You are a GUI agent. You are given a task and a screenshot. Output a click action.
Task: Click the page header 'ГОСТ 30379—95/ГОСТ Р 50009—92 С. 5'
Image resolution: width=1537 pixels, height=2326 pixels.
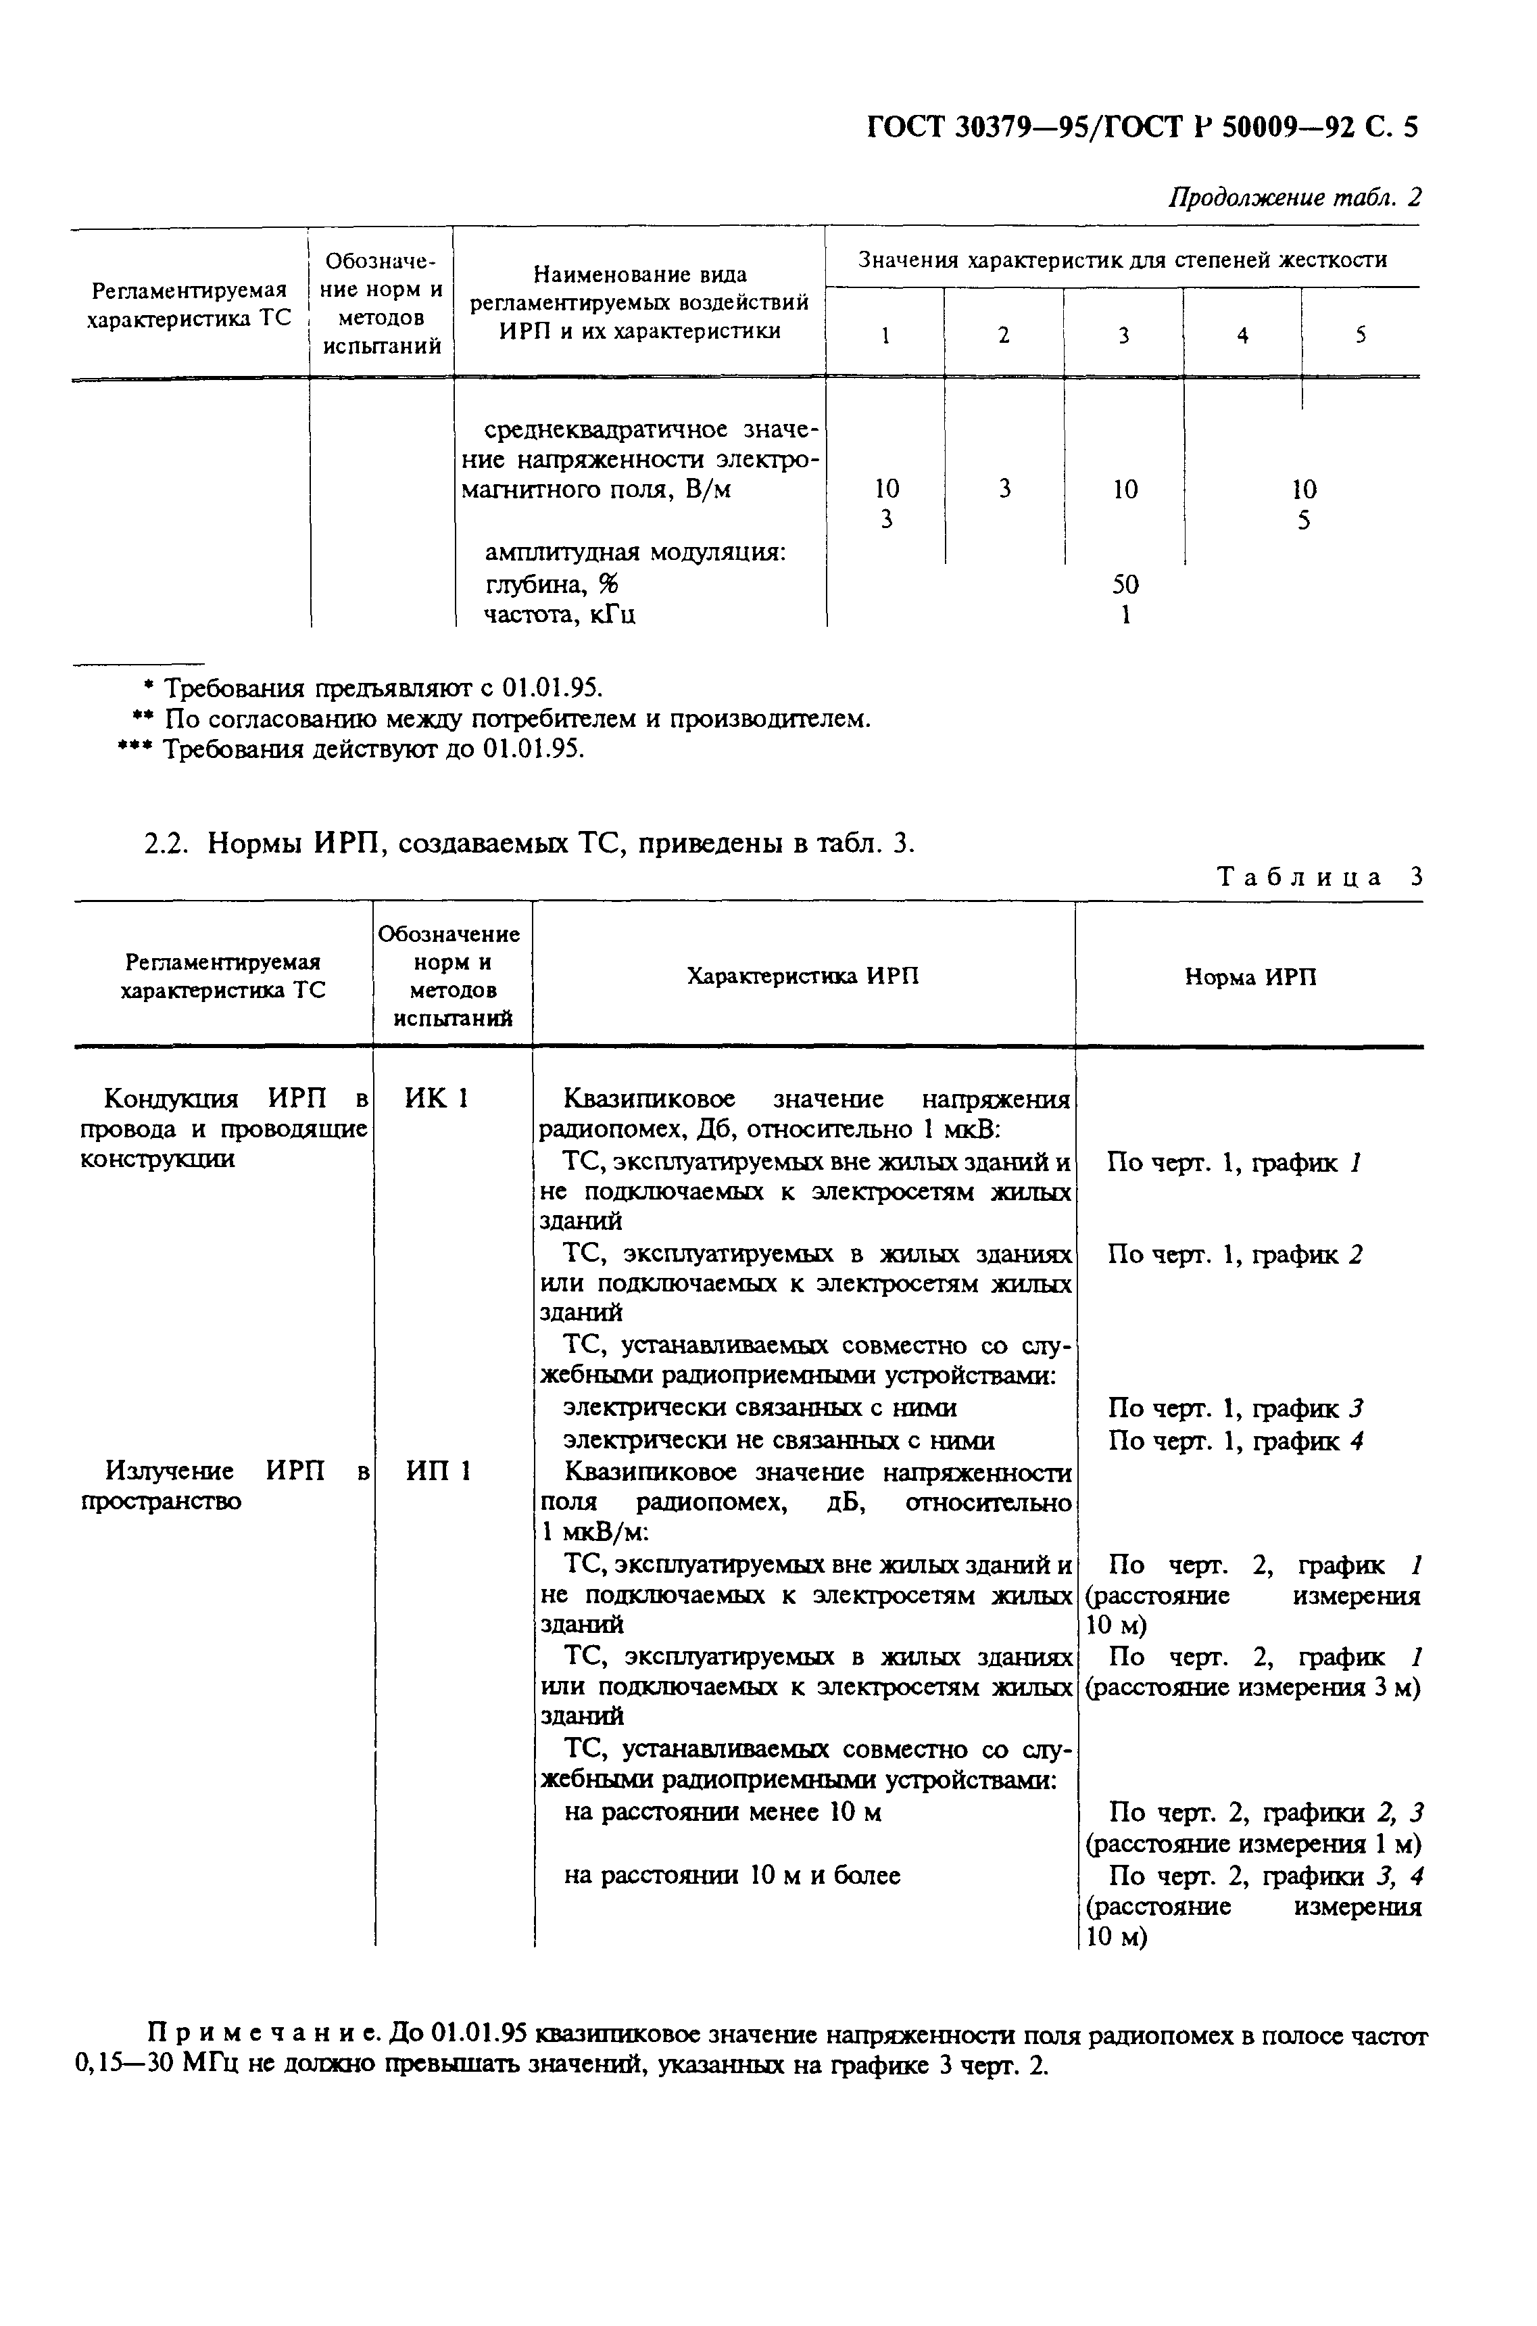(1142, 128)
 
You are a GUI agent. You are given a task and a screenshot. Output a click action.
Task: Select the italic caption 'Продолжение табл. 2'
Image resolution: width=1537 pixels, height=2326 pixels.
(1294, 197)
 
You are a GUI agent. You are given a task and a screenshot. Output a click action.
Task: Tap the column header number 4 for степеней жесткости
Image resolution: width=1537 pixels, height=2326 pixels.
(1242, 335)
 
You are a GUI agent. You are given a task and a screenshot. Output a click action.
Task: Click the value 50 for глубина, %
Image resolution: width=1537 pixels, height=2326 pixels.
(1125, 584)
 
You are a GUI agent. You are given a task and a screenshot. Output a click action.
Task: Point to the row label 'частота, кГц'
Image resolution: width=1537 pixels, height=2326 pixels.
(560, 615)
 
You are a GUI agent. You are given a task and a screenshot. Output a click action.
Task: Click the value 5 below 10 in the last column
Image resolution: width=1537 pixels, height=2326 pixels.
(1302, 521)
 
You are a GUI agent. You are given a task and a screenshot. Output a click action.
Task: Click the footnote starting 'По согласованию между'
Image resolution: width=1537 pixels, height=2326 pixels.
(500, 719)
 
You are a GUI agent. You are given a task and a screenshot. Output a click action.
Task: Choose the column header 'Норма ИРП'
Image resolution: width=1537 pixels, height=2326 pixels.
(1250, 976)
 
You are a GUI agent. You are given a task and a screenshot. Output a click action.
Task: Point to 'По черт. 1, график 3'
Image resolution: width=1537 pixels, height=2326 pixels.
(1235, 1408)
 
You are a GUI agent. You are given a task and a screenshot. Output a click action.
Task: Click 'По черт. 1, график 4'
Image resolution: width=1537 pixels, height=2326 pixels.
(1235, 1440)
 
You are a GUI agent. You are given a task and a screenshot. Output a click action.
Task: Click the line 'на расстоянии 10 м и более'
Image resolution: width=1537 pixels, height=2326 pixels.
(731, 1876)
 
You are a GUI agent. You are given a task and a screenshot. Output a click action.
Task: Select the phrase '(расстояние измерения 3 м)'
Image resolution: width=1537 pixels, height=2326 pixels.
(1252, 1688)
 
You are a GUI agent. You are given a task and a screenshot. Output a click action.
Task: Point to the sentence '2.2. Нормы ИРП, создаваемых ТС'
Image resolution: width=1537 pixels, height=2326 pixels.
(529, 843)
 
